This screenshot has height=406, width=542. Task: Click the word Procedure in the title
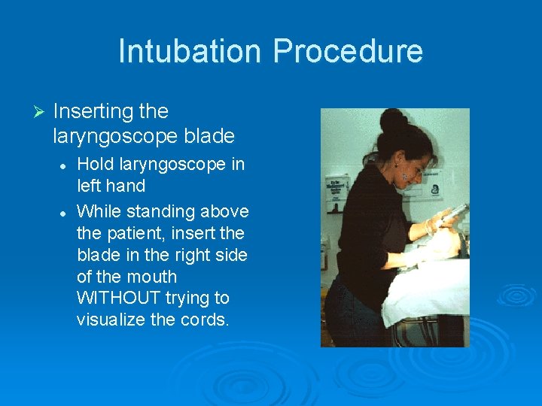point(348,51)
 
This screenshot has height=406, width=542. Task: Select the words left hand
point(111,185)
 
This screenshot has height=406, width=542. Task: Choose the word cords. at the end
point(205,319)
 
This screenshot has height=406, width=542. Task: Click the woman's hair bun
point(393,120)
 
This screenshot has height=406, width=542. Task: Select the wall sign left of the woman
point(336,187)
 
